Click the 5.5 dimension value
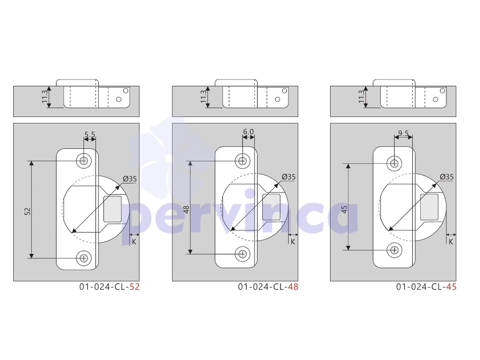(x=90, y=134)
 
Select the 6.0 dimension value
(x=248, y=132)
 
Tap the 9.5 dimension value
(x=404, y=133)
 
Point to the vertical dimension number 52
(x=28, y=211)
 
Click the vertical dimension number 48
(x=186, y=210)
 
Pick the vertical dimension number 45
(x=344, y=210)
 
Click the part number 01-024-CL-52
(x=109, y=287)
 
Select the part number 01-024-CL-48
(x=268, y=287)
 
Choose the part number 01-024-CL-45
(x=427, y=287)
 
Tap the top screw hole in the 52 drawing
(x=84, y=161)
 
